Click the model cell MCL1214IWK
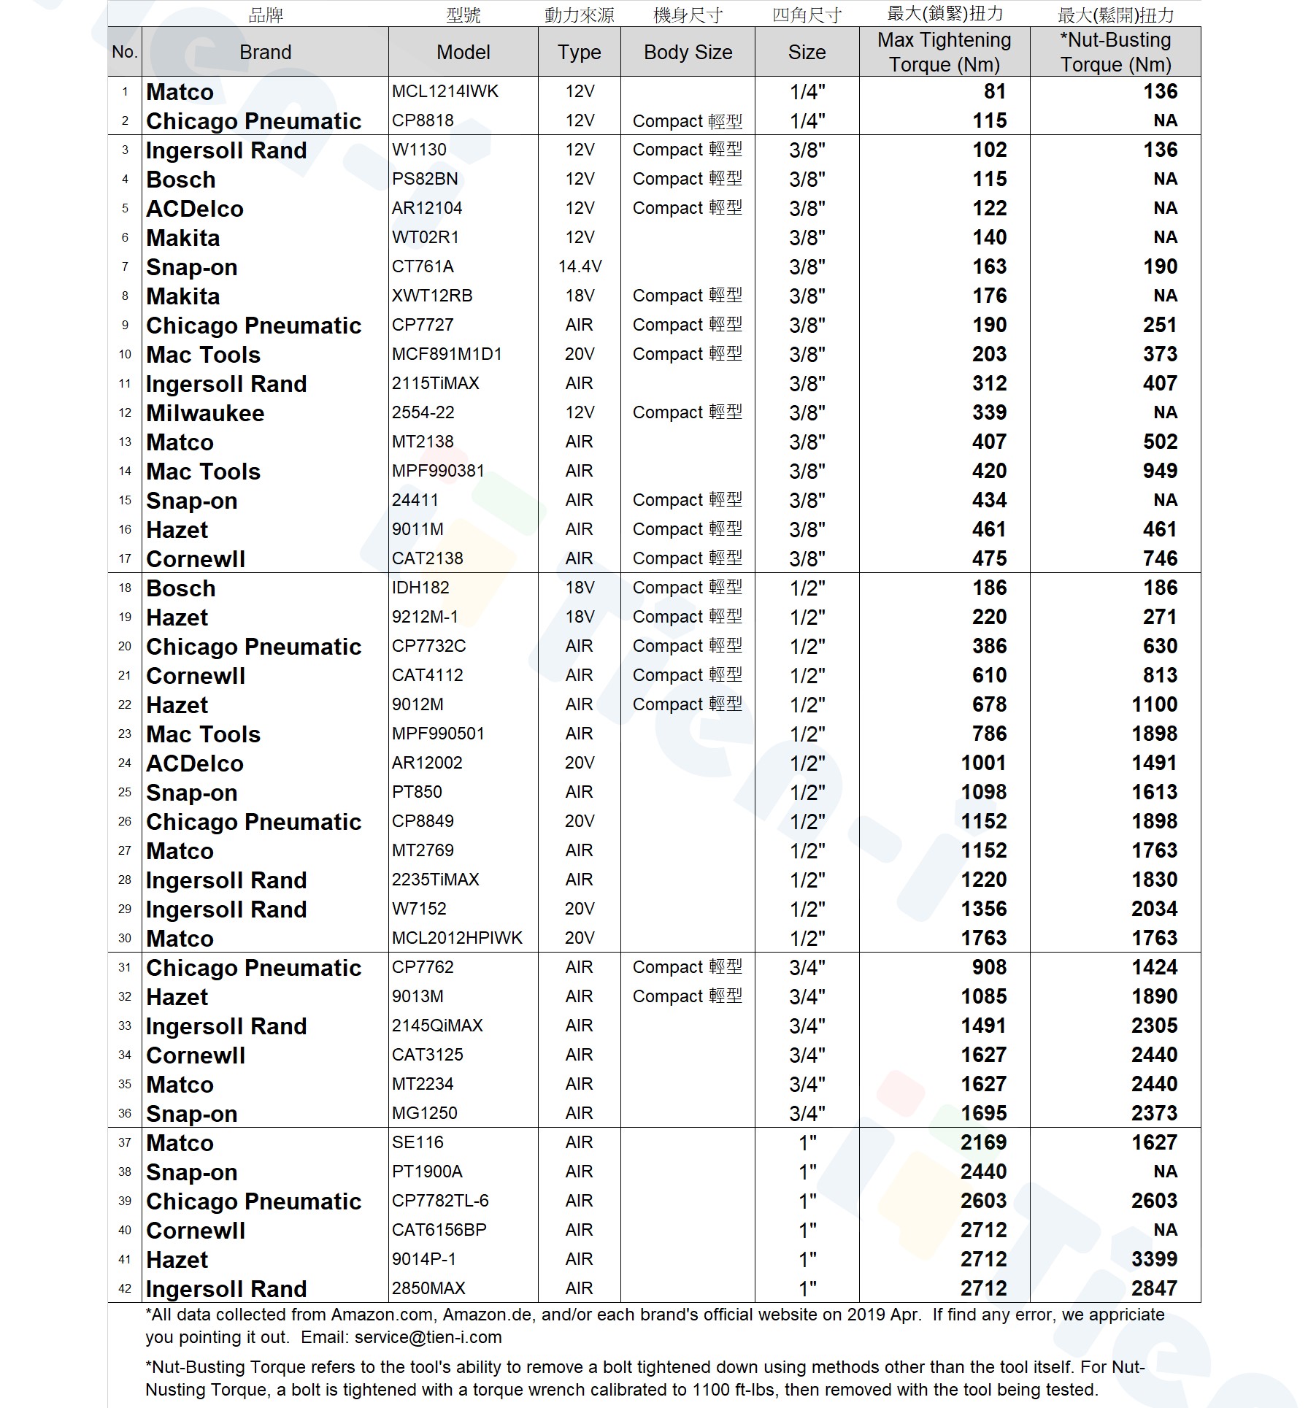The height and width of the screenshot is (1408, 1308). click(445, 91)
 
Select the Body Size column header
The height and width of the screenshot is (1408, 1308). click(688, 53)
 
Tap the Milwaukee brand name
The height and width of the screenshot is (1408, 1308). click(205, 413)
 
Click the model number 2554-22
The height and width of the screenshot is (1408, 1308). click(423, 412)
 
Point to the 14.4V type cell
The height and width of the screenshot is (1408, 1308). click(580, 266)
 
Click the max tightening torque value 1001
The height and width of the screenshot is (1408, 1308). click(983, 763)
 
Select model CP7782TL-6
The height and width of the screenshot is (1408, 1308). click(439, 1201)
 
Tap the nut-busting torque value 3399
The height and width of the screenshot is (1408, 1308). click(1154, 1259)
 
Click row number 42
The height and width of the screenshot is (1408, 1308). click(125, 1288)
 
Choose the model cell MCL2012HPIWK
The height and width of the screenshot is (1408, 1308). click(457, 938)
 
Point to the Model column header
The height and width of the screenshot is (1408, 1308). click(463, 53)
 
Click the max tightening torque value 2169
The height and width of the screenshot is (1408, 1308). click(983, 1142)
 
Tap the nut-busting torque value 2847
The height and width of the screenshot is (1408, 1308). click(1154, 1288)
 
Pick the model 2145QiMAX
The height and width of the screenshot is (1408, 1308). click(437, 1026)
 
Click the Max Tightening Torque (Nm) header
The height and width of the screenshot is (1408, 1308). click(944, 53)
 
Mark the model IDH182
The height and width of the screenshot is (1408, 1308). click(420, 588)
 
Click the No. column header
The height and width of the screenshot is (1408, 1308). click(125, 53)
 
